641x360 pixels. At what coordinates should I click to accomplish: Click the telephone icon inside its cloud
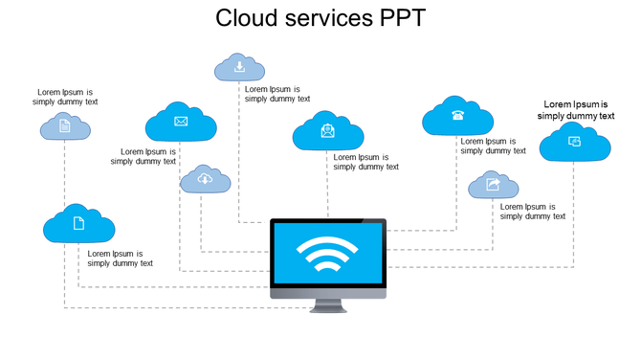pyautogui.click(x=457, y=116)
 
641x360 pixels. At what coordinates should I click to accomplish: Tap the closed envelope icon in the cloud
pyautogui.click(x=181, y=122)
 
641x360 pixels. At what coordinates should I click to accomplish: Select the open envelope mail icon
pyautogui.click(x=328, y=130)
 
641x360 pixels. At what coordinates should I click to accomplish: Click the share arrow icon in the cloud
pyautogui.click(x=493, y=184)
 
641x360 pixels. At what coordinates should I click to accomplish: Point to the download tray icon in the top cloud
pyautogui.click(x=239, y=67)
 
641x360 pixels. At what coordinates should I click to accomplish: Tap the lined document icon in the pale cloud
pyautogui.click(x=65, y=125)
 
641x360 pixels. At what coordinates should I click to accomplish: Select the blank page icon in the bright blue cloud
pyautogui.click(x=79, y=223)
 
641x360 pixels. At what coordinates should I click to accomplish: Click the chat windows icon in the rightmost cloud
pyautogui.click(x=574, y=142)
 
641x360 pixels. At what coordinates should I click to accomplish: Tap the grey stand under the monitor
pyautogui.click(x=327, y=305)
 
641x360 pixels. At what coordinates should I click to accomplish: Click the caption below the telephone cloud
pyautogui.click(x=493, y=146)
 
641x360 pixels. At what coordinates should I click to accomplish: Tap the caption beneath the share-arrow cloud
pyautogui.click(x=533, y=212)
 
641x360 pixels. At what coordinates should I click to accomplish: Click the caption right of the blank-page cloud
pyautogui.click(x=121, y=259)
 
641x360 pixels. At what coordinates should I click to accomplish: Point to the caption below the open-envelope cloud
pyautogui.click(x=366, y=162)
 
